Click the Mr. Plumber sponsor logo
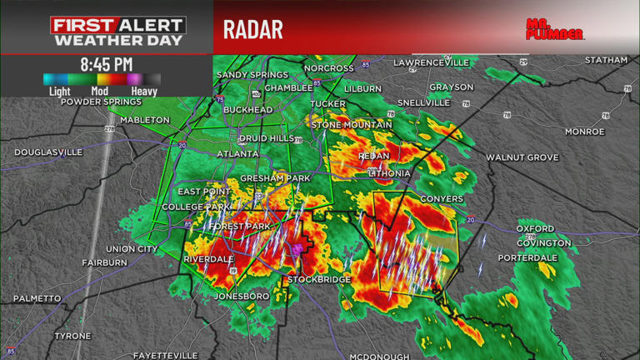tap(554, 29)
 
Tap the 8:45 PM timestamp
tap(105, 63)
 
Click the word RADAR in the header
tap(253, 30)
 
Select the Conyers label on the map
tap(441, 199)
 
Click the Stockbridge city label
tap(319, 279)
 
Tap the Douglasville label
tap(48, 152)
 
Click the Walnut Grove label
tap(522, 157)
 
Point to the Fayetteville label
tap(166, 355)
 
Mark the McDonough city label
tap(376, 355)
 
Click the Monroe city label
tap(584, 132)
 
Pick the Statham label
tap(606, 60)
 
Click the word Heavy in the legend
tap(144, 91)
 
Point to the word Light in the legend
tap(60, 91)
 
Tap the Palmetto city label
tap(37, 298)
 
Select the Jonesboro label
tap(242, 296)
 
